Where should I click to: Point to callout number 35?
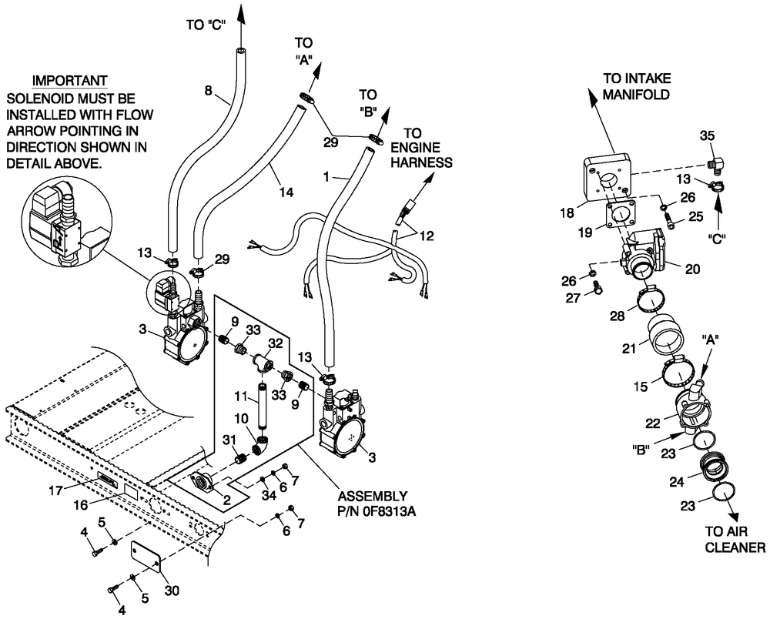[707, 136]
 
